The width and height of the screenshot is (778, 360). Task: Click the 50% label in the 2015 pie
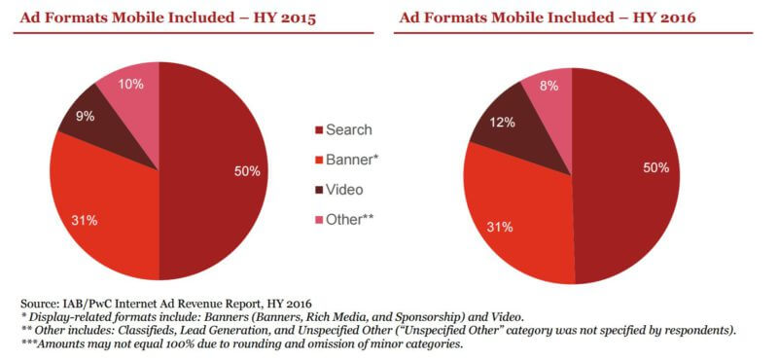(247, 171)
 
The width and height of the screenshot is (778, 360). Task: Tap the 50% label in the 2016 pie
(654, 168)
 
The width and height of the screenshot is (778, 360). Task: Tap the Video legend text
(346, 189)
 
